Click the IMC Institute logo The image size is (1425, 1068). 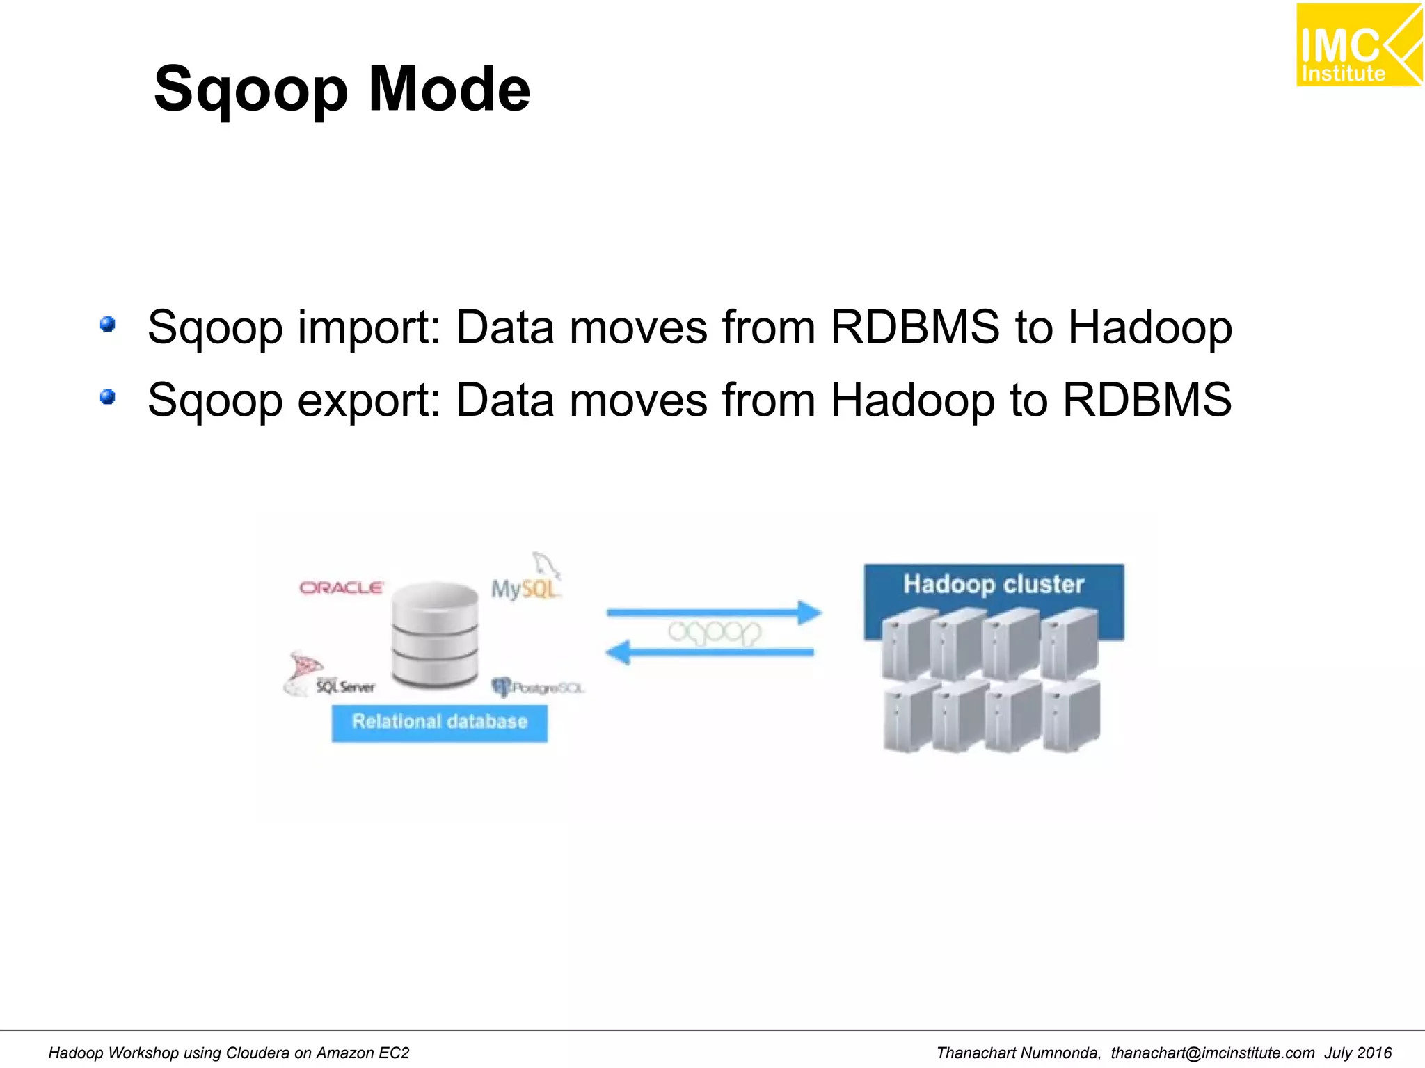point(1358,45)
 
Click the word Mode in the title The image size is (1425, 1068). point(449,89)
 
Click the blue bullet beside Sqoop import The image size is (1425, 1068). point(107,324)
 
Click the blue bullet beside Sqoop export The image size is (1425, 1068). point(107,397)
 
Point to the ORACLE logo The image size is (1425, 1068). point(341,588)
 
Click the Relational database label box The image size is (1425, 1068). point(439,722)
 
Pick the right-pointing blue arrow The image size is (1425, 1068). point(713,613)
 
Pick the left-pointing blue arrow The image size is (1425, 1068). point(710,652)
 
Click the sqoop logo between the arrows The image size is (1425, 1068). point(715,633)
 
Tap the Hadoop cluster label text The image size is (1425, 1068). point(994,584)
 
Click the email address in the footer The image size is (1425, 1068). point(1212,1053)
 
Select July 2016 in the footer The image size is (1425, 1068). point(1358,1053)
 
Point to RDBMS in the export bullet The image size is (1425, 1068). point(1147,400)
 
